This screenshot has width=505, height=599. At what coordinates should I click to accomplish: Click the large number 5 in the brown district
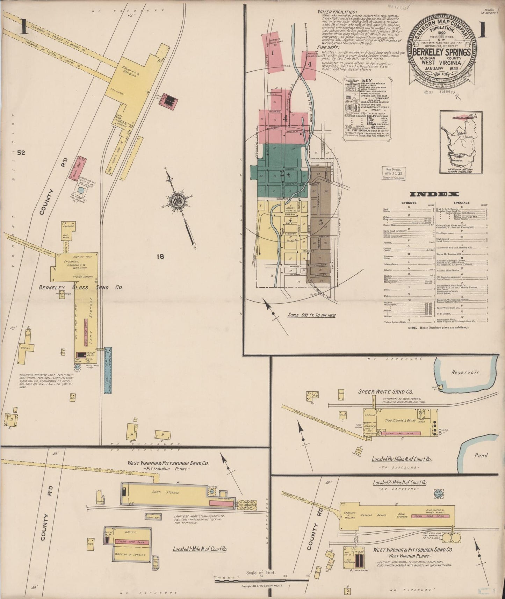[321, 222]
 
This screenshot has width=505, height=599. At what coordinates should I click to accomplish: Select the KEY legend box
[367, 108]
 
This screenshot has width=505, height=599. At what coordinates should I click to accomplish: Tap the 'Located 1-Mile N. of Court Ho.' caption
[200, 549]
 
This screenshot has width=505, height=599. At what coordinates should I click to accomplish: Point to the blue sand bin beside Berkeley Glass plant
[108, 370]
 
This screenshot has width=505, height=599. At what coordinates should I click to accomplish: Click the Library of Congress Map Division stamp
[393, 173]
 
